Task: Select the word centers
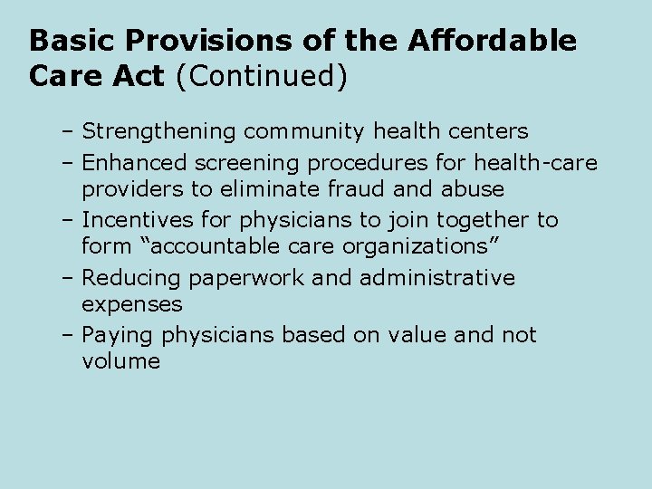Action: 489,132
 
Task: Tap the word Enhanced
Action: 134,162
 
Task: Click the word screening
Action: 246,163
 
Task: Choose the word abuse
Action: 476,189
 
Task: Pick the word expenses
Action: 131,304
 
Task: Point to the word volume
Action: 120,361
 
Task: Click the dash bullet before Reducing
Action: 69,277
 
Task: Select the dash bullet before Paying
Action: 69,334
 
